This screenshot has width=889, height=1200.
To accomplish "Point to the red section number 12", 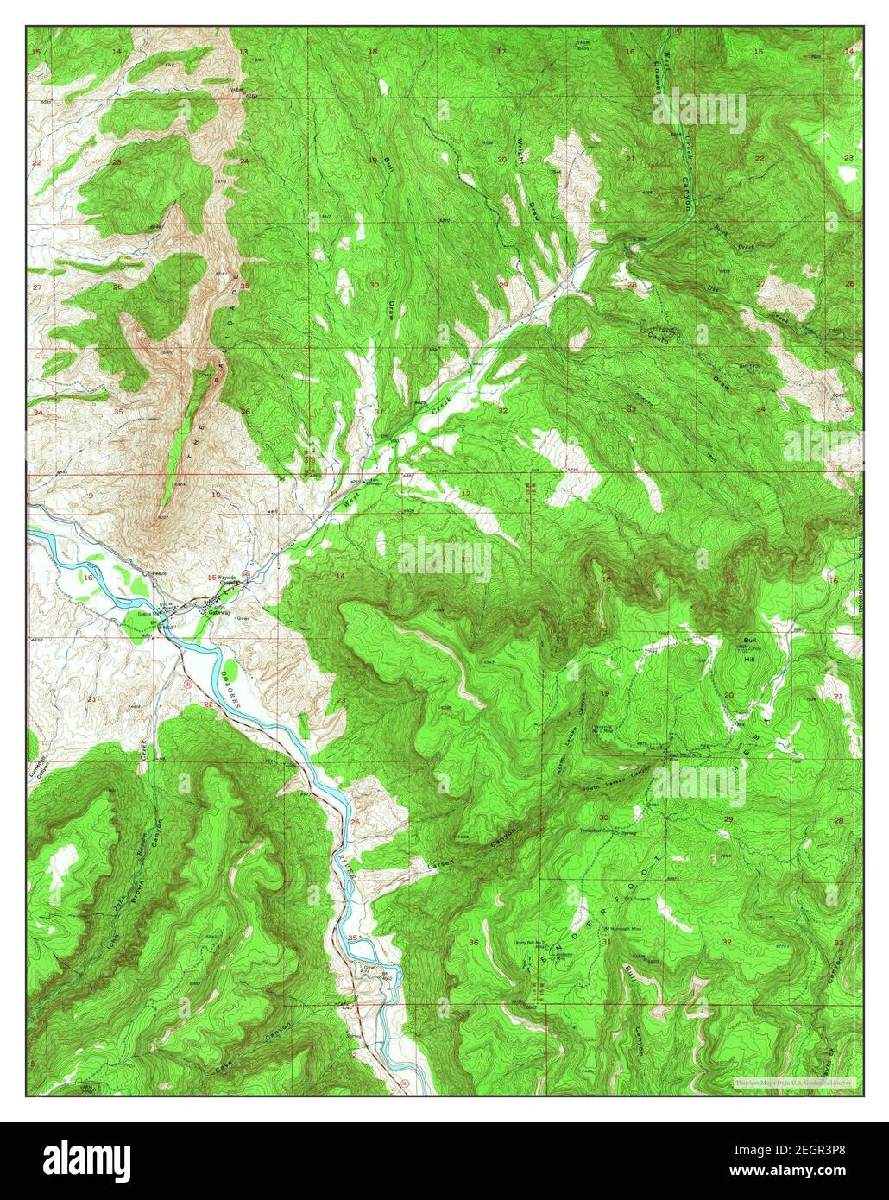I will click(465, 494).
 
